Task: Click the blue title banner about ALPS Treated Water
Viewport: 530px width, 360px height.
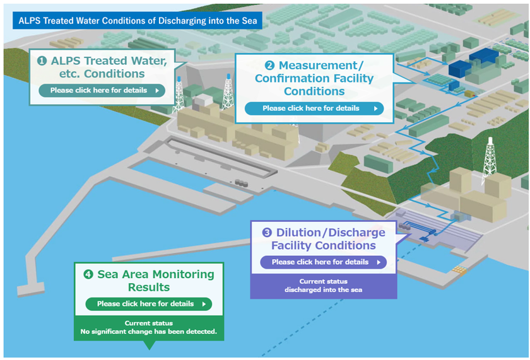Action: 138,21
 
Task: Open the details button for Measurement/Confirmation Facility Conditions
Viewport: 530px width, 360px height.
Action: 314,108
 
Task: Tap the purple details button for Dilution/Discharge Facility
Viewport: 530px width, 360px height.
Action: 323,262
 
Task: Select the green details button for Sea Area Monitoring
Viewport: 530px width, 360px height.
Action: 149,304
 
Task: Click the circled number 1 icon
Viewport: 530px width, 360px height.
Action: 42,61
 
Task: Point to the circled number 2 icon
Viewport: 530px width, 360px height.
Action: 269,65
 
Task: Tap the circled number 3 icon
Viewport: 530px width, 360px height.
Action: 267,233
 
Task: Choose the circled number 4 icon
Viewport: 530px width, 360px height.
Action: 88,274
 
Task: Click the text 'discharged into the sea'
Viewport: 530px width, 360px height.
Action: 324,290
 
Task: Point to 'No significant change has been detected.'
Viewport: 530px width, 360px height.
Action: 149,332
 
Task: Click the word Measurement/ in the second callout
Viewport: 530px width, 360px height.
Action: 321,65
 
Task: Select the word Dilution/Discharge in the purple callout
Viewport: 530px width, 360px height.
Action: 331,233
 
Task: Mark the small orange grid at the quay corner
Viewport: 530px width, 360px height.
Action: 460,269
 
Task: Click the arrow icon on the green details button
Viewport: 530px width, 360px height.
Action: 204,304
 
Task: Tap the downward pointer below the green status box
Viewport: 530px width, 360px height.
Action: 149,345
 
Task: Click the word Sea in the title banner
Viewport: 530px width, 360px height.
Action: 249,21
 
